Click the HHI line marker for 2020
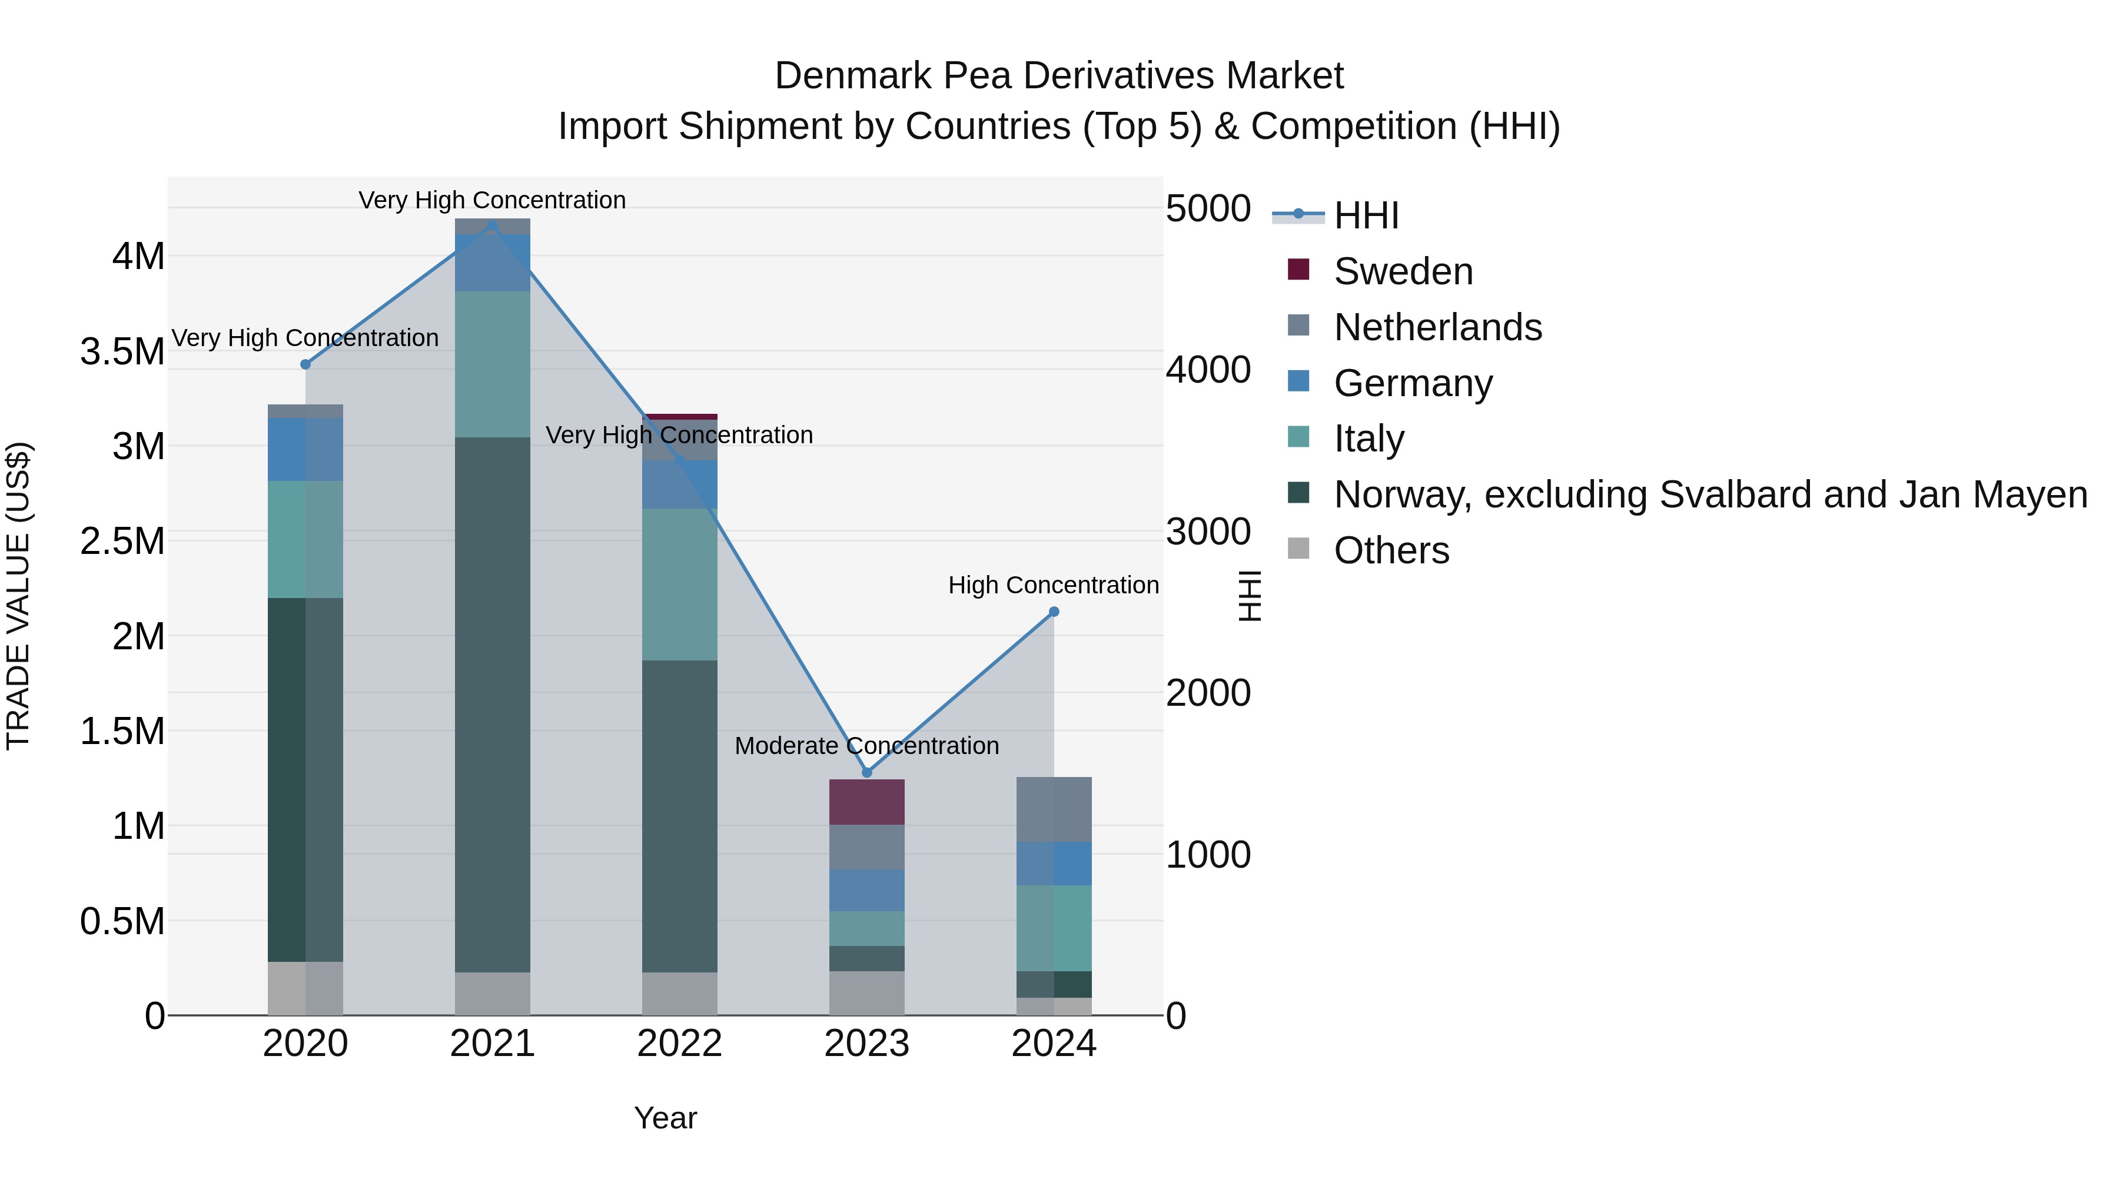(305, 364)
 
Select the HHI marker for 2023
(866, 772)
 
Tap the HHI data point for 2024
(1054, 612)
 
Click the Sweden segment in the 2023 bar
(866, 802)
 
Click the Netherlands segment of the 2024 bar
(1054, 809)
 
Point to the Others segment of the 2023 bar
(866, 993)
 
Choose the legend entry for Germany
(1413, 383)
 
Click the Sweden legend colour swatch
(1298, 270)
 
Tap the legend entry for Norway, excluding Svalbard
(1709, 494)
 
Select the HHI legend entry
(1366, 215)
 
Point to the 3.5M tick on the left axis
(122, 351)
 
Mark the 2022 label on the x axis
(679, 1044)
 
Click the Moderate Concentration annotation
(866, 746)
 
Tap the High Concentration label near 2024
(1053, 585)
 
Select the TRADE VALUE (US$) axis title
(18, 596)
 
